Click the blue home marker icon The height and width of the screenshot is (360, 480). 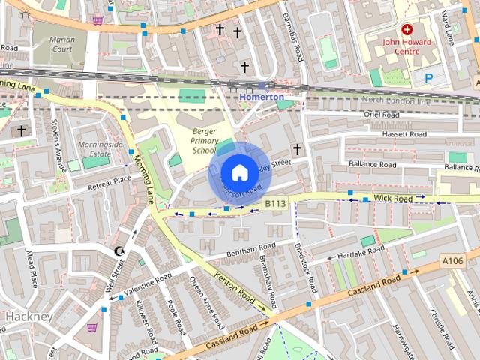239,173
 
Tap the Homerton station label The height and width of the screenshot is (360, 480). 262,97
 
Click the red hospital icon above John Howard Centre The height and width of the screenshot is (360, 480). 407,29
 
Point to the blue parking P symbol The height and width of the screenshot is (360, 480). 429,77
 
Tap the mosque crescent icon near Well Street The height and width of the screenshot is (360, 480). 118,251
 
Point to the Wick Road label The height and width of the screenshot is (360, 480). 393,199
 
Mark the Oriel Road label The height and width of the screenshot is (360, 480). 384,114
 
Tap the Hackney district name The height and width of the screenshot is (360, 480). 28,316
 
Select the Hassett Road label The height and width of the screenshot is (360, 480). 400,134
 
